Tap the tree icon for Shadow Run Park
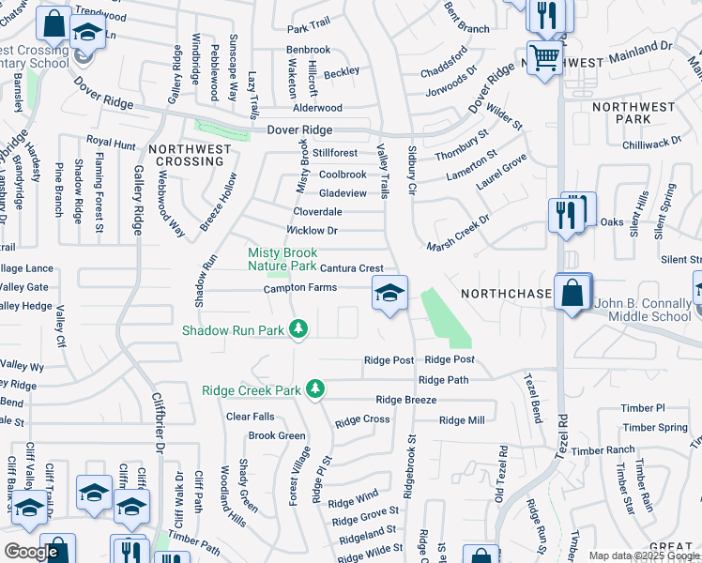298,328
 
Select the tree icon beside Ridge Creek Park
316,388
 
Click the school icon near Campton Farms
389,293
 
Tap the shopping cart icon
543,57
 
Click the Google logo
30,552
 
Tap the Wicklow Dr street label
312,230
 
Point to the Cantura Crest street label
352,268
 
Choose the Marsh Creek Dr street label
459,234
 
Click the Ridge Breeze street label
405,400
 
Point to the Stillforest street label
335,153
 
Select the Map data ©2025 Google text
644,555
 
